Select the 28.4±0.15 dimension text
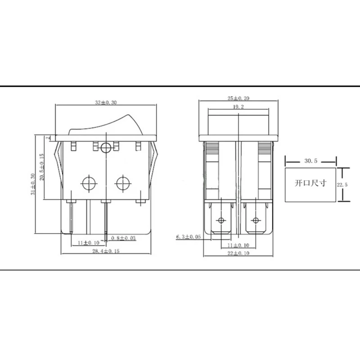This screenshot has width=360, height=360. pos(106,251)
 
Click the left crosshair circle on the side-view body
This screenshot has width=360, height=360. pos(88,183)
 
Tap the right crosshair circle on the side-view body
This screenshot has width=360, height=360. pos(122,183)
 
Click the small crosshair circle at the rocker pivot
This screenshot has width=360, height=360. pos(106,147)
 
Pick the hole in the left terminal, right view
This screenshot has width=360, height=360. pos(220,220)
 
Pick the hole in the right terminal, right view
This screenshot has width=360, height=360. pos(256,220)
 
